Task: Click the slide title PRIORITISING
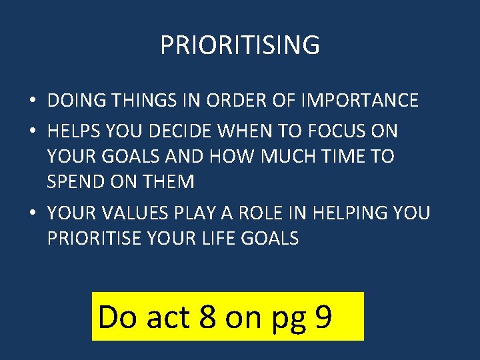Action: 240,45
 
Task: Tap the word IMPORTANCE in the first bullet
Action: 360,101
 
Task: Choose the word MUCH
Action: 277,157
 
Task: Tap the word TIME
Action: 339,157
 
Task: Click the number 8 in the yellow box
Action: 207,317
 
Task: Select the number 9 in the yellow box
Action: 323,317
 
